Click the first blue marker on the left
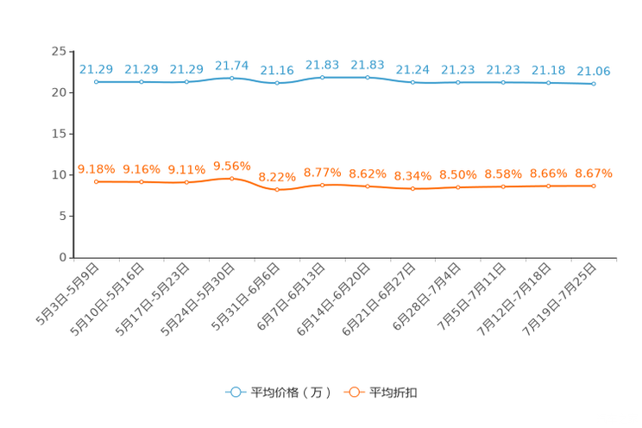pos(96,82)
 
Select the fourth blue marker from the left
pos(231,79)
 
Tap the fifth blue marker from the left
pos(277,84)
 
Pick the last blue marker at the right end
pos(594,84)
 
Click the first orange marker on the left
pos(96,182)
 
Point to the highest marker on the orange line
pos(231,178)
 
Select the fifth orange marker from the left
pos(277,189)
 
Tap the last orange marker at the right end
pos(594,186)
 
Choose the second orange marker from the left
pos(141,182)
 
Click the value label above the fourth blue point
pos(231,65)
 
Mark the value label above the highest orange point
pos(231,164)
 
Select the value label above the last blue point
pos(594,71)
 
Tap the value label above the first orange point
pos(96,169)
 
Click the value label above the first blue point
pos(96,68)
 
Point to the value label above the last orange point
pos(594,173)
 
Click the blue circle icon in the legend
pos(234,392)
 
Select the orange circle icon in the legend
pos(353,392)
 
